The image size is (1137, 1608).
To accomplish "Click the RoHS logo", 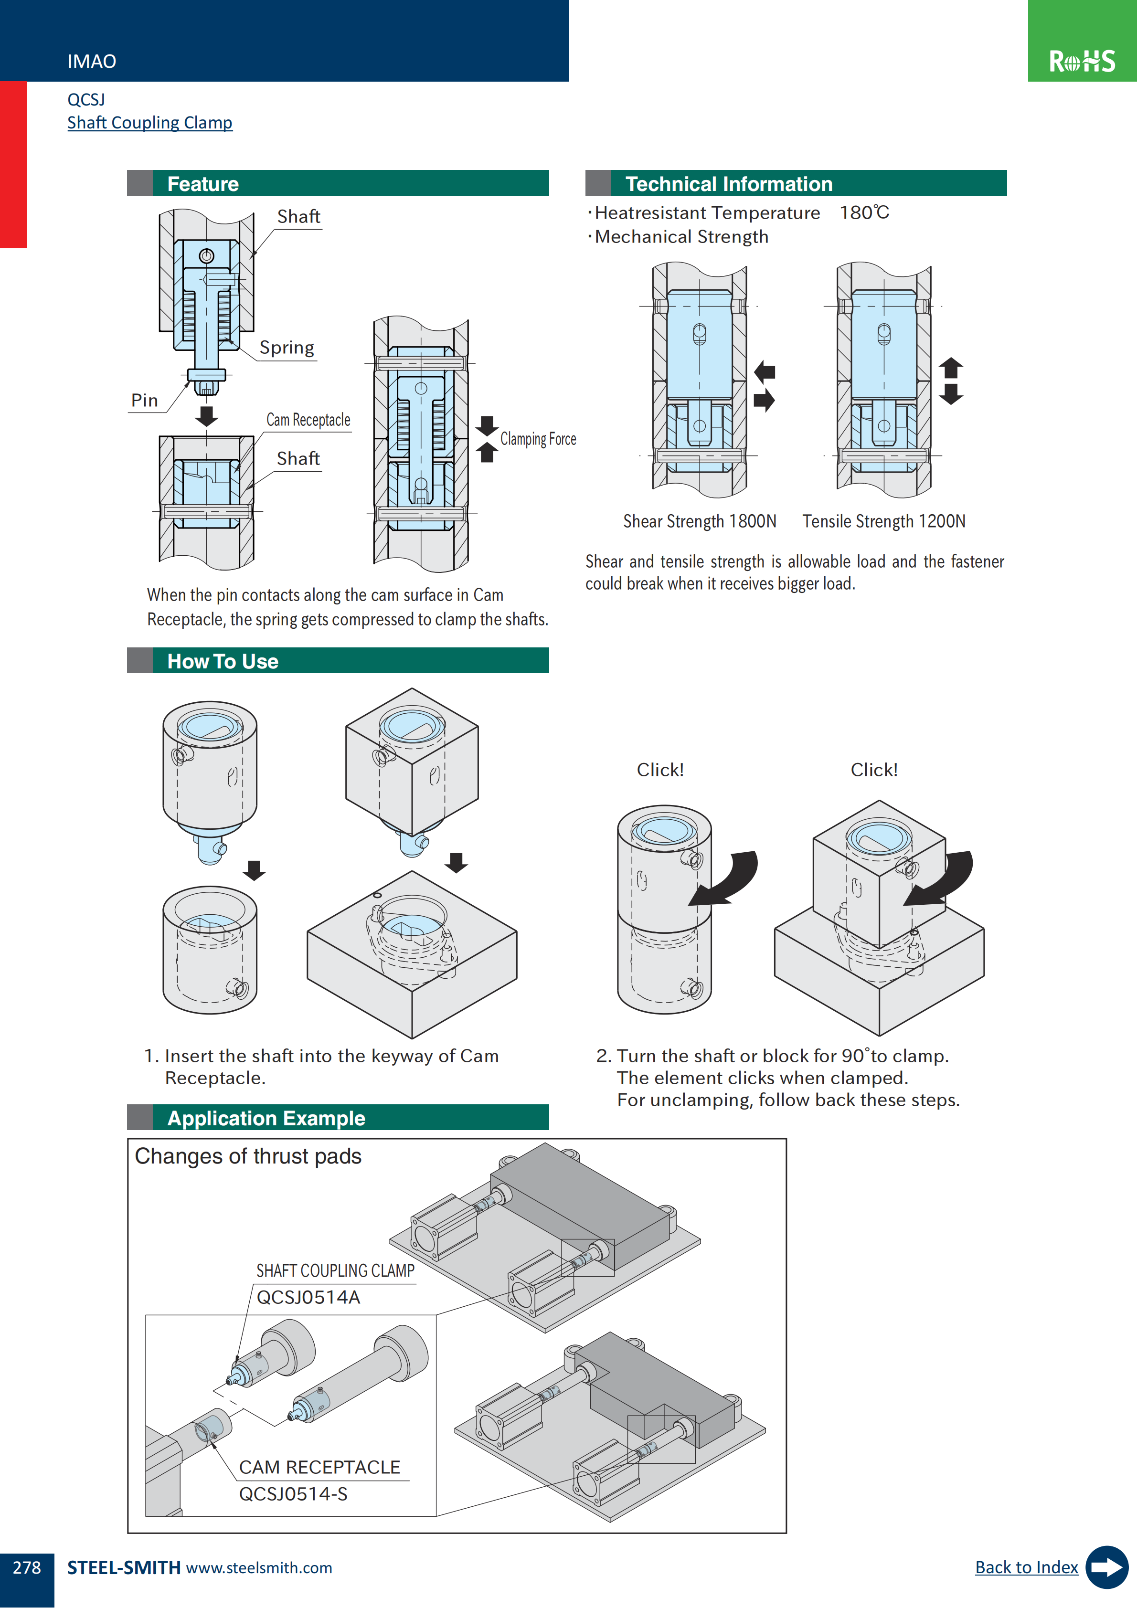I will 1082,61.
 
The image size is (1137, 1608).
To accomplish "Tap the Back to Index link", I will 1026,1567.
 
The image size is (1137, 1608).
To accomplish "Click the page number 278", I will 27,1567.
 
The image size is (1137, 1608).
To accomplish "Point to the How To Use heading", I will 223,661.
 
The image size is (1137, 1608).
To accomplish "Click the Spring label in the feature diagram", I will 287,348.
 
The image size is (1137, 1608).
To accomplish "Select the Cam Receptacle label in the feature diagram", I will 308,420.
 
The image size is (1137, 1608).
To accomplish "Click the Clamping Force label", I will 538,439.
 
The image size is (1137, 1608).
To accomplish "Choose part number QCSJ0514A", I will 308,1297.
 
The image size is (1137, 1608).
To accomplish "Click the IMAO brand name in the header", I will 92,62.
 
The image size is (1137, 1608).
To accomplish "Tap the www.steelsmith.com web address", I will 259,1567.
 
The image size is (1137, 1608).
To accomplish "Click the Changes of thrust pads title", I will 248,1156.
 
